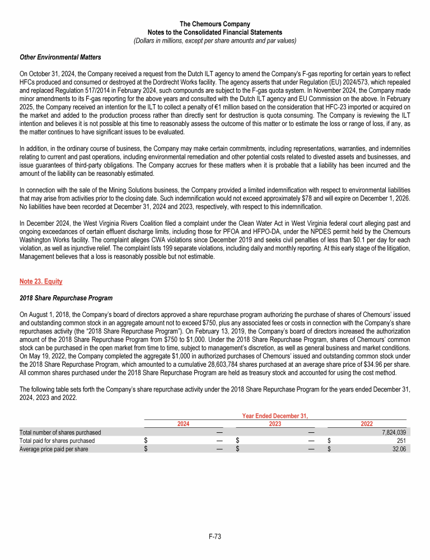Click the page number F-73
(x=215, y=537)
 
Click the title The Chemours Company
(x=215, y=24)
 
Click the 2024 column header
(x=183, y=424)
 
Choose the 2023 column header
(x=274, y=424)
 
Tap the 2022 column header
(x=366, y=424)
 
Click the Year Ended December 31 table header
(x=275, y=416)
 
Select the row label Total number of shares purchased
(x=60, y=432)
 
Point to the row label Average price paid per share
(x=54, y=449)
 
